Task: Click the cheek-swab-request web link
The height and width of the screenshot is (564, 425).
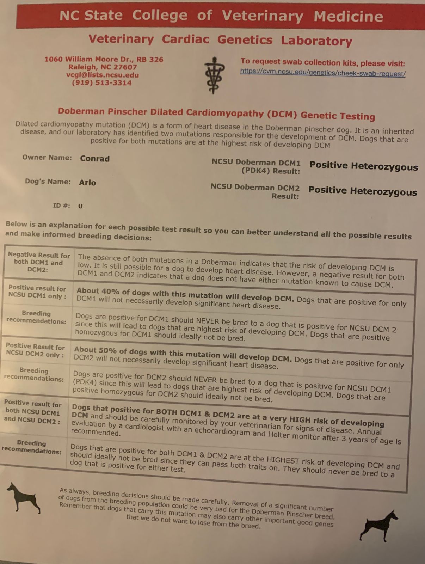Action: (322, 73)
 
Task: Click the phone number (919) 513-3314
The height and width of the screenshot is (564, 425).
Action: (101, 83)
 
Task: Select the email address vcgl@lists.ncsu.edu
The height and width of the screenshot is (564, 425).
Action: (103, 75)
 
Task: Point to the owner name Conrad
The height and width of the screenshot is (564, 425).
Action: (94, 159)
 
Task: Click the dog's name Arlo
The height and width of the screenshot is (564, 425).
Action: (87, 183)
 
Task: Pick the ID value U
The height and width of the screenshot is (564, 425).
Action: (80, 206)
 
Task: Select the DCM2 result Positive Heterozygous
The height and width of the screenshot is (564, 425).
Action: (363, 191)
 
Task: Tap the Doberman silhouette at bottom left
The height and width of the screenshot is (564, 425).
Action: (23, 497)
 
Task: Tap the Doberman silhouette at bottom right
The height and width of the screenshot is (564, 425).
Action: (378, 525)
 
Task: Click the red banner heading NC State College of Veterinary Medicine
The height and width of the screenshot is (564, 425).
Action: (221, 16)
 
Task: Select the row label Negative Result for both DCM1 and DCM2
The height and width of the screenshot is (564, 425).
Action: (39, 262)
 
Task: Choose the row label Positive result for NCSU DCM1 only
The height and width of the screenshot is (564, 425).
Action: (37, 292)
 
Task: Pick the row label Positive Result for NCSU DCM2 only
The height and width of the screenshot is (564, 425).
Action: (35, 350)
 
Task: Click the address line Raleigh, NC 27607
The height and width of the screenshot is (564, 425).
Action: (103, 67)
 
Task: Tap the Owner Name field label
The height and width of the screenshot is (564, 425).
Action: (47, 157)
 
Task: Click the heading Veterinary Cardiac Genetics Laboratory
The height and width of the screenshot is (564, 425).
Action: (220, 40)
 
